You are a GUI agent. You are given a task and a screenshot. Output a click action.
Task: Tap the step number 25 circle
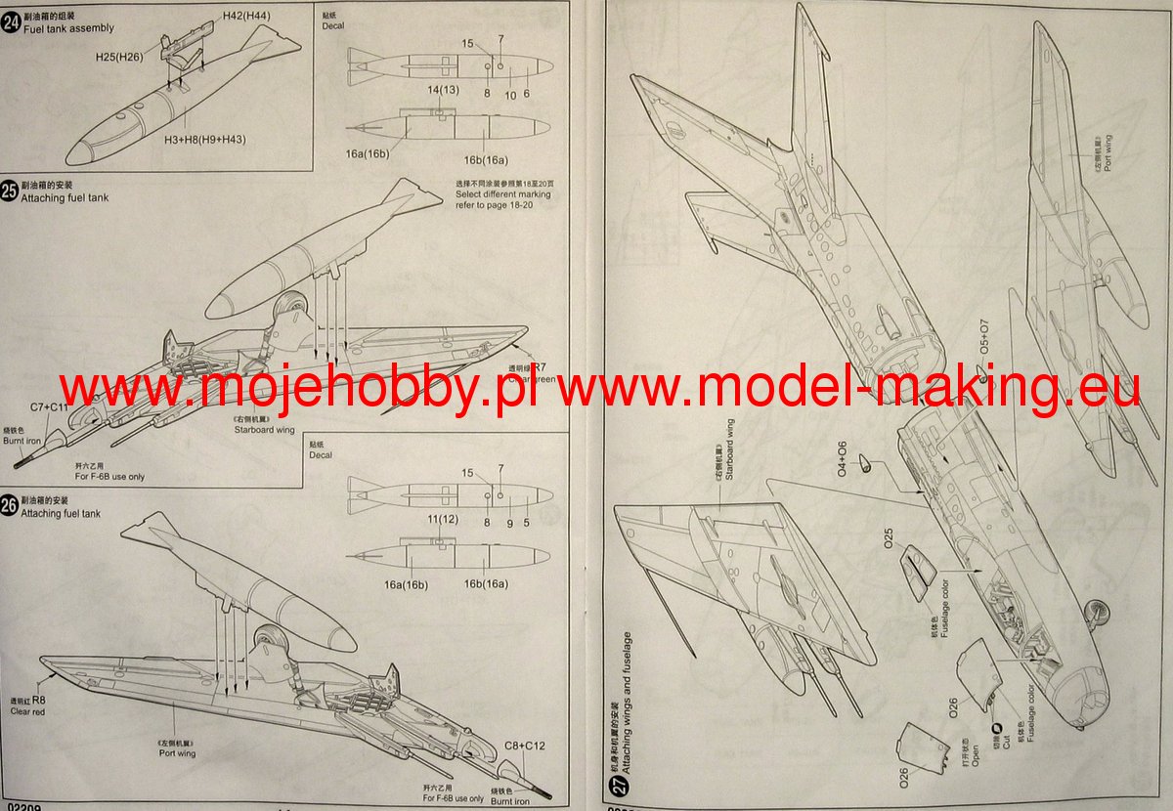tap(10, 192)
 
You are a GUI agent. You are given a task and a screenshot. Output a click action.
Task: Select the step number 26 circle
tap(10, 506)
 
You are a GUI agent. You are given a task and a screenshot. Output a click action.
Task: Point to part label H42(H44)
tap(246, 17)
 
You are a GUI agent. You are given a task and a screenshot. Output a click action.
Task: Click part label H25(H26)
tap(120, 58)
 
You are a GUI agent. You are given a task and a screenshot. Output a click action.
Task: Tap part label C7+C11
tap(49, 406)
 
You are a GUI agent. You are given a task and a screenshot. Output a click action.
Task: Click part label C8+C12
tap(524, 747)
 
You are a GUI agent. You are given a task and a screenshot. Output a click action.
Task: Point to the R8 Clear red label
tap(28, 705)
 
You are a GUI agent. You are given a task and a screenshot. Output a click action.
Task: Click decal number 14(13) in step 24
tap(442, 90)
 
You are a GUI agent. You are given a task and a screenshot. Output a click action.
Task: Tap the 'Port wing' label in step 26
tap(177, 753)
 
